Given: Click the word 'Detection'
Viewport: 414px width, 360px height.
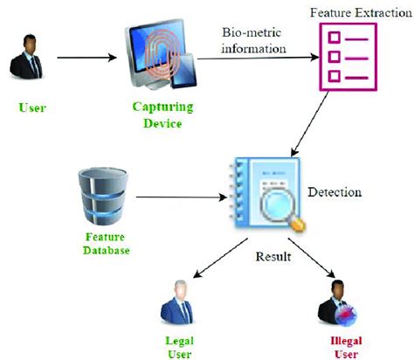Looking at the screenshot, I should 336,190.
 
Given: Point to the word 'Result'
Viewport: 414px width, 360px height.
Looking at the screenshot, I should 273,258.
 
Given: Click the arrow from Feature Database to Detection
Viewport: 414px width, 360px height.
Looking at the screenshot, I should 180,198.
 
